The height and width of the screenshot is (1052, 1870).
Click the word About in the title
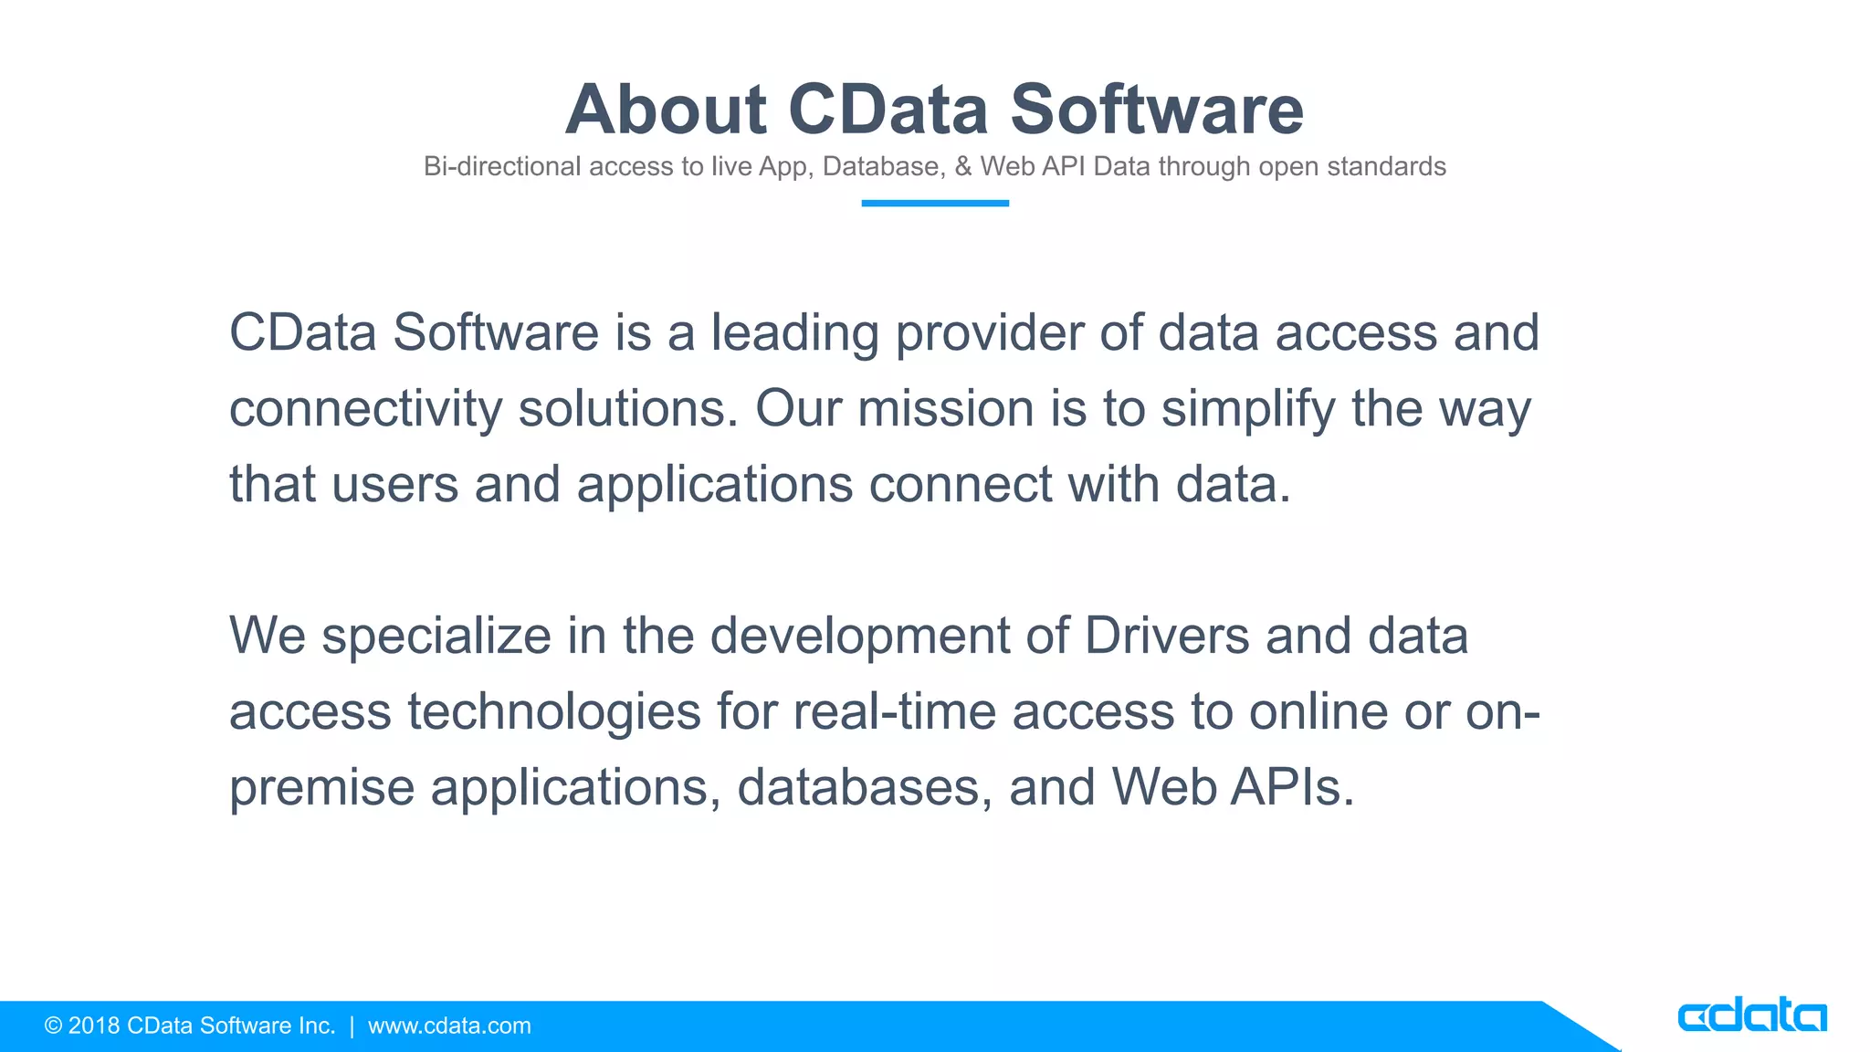[x=666, y=110]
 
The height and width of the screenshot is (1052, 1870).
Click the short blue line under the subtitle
[x=934, y=203]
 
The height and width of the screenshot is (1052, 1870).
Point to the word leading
[x=794, y=333]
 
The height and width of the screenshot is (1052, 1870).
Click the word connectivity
[x=365, y=409]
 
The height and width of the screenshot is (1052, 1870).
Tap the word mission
[x=945, y=409]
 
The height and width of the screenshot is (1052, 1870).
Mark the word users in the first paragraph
[x=394, y=485]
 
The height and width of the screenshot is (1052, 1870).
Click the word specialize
[x=436, y=637]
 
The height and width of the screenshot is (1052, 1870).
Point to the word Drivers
[x=1166, y=636]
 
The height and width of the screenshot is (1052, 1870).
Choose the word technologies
[x=553, y=713]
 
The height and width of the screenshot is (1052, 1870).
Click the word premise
[x=321, y=788]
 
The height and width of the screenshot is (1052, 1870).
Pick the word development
[x=859, y=637]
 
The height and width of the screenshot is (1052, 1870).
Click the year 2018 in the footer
[x=94, y=1026]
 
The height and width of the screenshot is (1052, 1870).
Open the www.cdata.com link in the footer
[x=449, y=1026]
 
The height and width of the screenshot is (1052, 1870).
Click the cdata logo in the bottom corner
[x=1751, y=1016]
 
